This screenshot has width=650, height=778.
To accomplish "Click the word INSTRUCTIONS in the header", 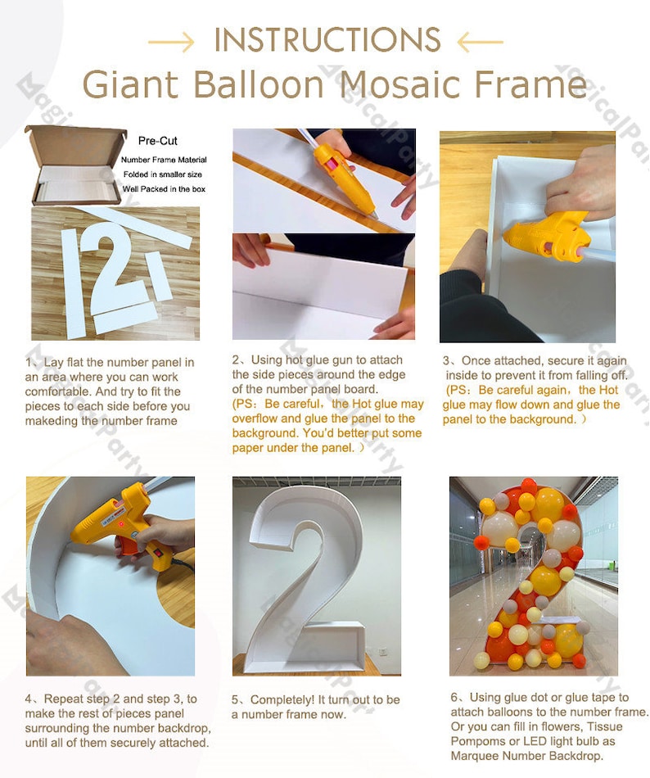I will [x=327, y=39].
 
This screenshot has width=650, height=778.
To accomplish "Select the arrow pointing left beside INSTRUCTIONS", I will [x=479, y=40].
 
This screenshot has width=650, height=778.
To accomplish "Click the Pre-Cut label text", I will [x=157, y=141].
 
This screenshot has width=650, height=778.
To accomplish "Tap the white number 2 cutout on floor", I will [x=117, y=270].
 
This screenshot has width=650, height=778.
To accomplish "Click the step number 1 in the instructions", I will [x=29, y=362].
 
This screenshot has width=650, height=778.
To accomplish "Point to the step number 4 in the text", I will [x=29, y=699].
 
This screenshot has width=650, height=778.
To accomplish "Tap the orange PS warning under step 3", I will [x=531, y=405].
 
